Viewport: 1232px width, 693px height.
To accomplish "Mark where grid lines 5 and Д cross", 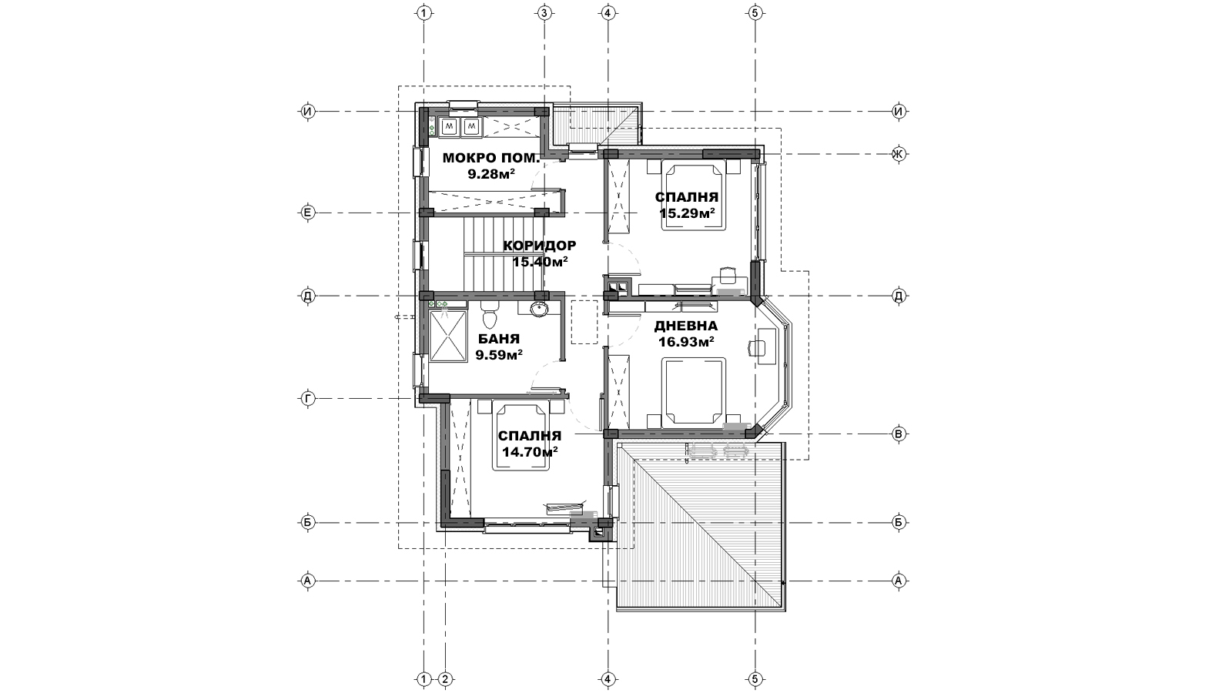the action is click(755, 296).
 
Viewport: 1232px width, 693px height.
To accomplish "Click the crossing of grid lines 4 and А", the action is click(608, 581).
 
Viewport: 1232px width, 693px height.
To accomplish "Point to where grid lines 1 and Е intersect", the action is click(424, 213).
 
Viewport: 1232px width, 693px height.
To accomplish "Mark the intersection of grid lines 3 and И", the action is click(544, 111).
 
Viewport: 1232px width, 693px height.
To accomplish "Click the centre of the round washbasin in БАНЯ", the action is click(539, 309).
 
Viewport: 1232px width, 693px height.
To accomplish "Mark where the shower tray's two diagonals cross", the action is click(447, 336).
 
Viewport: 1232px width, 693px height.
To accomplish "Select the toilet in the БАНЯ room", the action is click(489, 314).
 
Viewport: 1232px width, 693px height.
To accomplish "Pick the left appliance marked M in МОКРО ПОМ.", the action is click(450, 127).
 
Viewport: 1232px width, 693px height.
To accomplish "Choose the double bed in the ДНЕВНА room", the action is click(693, 391).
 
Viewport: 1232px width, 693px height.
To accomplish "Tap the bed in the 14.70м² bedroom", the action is click(522, 436).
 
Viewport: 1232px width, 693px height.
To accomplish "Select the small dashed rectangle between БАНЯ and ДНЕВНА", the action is click(584, 322).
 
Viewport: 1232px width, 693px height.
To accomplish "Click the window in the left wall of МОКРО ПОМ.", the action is click(418, 162).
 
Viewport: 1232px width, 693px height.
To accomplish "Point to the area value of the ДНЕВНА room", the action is click(686, 342).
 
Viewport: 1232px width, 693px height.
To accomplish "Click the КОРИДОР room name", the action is click(540, 246).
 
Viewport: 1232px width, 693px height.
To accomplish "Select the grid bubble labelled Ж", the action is click(898, 154).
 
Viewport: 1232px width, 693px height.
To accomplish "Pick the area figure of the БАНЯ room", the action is click(499, 355).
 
